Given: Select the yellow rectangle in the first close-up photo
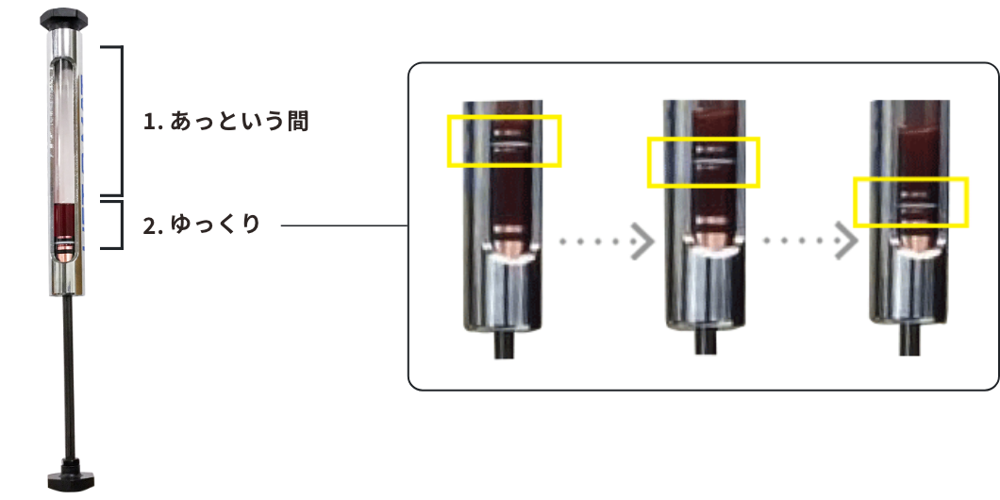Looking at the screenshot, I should [505, 140].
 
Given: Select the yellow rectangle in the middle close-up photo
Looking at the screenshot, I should [702, 161].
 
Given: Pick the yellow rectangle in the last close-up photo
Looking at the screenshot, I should [910, 202].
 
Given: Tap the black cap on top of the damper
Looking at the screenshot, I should [65, 17].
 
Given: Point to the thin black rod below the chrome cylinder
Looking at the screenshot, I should [68, 377].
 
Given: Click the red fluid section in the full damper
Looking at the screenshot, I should [65, 223].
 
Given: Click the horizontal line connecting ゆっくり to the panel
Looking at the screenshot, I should [343, 226].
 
